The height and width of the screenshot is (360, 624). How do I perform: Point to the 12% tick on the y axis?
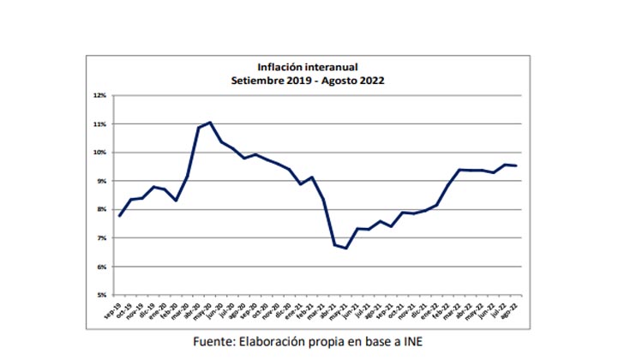pyautogui.click(x=100, y=95)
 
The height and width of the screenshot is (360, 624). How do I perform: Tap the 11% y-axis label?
pyautogui.click(x=100, y=124)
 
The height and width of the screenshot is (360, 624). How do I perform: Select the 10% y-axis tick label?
pyautogui.click(x=100, y=153)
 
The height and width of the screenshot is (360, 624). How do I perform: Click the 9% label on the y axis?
pyautogui.click(x=101, y=181)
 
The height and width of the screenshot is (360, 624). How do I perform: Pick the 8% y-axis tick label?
pyautogui.click(x=101, y=209)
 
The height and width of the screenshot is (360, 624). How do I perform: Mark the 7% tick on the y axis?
pyautogui.click(x=101, y=238)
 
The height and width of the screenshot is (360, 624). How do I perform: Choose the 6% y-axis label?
pyautogui.click(x=101, y=267)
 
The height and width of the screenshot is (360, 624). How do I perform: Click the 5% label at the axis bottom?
pyautogui.click(x=101, y=295)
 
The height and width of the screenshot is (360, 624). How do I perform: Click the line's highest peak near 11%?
pyautogui.click(x=210, y=123)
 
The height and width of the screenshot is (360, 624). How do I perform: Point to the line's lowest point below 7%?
pyautogui.click(x=346, y=248)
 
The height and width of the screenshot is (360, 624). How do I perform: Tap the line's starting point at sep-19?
pyautogui.click(x=119, y=215)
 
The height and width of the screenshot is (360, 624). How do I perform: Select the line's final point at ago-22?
pyautogui.click(x=515, y=165)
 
